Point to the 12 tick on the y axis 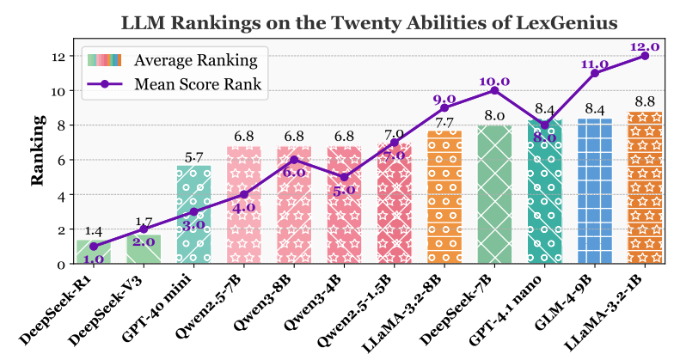[58, 56]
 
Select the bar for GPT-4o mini [193, 215]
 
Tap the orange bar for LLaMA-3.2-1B [644, 188]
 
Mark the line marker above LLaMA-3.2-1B [644, 56]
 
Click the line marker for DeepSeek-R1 [93, 247]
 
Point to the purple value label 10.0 [493, 81]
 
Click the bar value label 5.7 [193, 157]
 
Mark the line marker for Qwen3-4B [344, 177]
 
